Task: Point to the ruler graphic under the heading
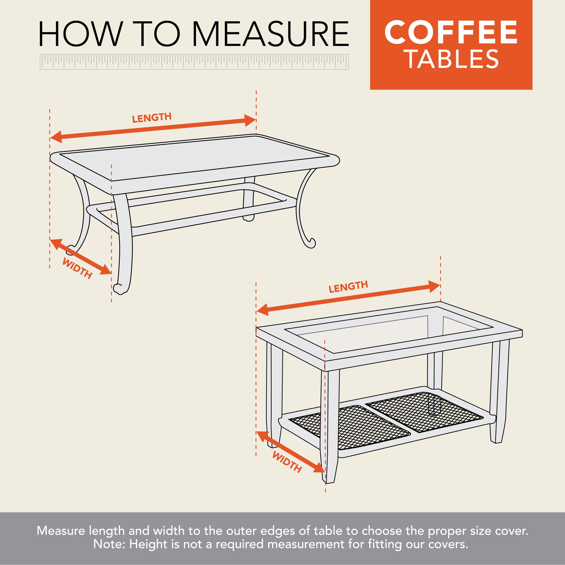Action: [194, 62]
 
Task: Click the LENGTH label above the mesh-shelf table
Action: [348, 287]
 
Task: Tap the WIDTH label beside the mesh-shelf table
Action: [287, 462]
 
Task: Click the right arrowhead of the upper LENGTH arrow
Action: [251, 121]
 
